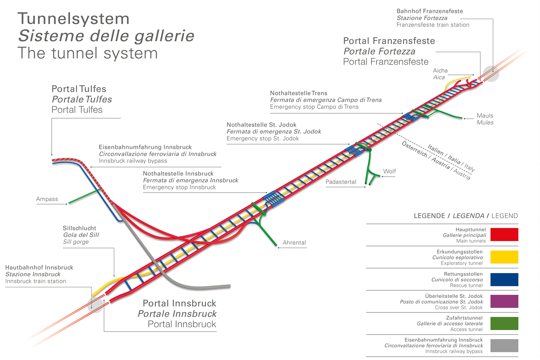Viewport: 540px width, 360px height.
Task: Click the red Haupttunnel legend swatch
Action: click(504, 234)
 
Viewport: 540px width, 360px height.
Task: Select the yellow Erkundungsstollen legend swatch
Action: click(504, 257)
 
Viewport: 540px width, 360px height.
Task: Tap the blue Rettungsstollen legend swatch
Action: click(504, 279)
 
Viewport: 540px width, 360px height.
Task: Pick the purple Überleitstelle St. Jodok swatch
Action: click(504, 301)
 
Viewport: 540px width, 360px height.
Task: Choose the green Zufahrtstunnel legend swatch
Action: click(504, 323)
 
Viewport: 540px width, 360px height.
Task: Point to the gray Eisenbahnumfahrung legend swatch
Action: click(504, 345)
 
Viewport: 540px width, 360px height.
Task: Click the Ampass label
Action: click(47, 199)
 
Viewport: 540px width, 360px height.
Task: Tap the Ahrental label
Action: click(294, 243)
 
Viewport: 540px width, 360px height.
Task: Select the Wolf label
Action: click(389, 171)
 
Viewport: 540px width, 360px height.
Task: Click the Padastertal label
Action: click(341, 182)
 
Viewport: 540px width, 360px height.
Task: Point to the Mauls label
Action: click(485, 116)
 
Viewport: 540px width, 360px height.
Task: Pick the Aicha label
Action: click(440, 71)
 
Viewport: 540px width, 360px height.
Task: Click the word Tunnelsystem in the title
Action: click(73, 19)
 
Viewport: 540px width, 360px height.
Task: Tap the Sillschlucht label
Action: click(79, 228)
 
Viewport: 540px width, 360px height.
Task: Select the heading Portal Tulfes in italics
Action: click(82, 99)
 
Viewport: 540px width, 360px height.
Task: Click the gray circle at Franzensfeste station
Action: click(491, 74)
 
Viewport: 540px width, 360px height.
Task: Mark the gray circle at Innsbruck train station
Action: click(95, 305)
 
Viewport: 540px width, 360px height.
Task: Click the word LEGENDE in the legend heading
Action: click(429, 216)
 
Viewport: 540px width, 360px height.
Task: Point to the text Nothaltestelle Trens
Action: click(298, 93)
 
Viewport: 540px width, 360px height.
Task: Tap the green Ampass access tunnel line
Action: click(83, 197)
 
